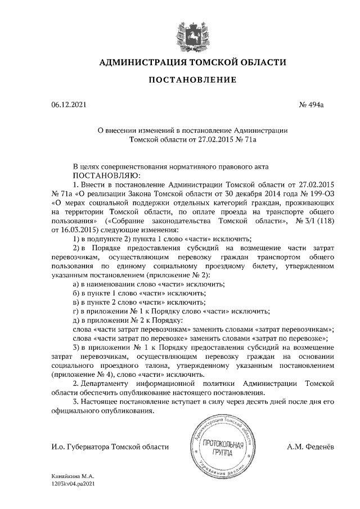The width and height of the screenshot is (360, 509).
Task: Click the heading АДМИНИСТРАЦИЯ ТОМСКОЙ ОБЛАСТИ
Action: tap(192, 62)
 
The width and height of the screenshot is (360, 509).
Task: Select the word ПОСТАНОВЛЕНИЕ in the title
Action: tap(192, 81)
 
